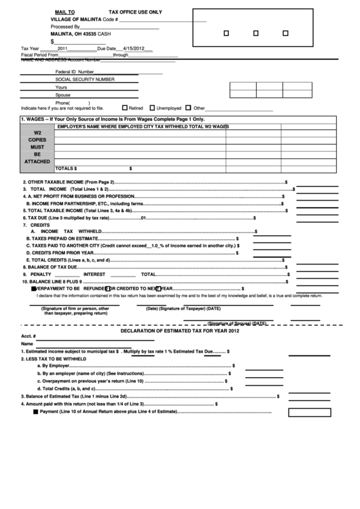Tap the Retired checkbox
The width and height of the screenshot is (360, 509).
(124, 108)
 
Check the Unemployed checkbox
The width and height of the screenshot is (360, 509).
(151, 108)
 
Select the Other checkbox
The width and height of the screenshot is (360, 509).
(189, 108)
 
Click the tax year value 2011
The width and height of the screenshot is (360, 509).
(63, 49)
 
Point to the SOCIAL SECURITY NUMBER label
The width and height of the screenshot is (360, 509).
(85, 80)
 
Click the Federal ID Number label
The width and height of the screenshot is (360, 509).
(75, 71)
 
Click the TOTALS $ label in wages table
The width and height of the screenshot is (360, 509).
(66, 168)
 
